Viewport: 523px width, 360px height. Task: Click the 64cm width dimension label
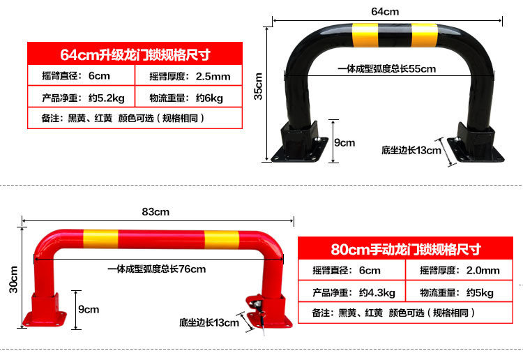(x=385, y=11)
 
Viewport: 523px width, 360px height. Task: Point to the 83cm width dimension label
(x=156, y=211)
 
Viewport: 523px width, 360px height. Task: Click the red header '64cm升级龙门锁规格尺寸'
(x=135, y=54)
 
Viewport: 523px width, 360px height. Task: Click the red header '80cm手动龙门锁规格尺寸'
(x=406, y=248)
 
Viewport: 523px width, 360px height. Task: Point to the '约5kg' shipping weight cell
(x=480, y=292)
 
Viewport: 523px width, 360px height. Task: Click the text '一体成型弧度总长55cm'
(x=386, y=68)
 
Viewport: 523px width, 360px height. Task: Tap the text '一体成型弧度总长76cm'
(x=156, y=269)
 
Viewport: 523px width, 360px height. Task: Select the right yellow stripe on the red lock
(x=222, y=239)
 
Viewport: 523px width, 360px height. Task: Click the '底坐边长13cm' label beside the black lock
(x=411, y=149)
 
